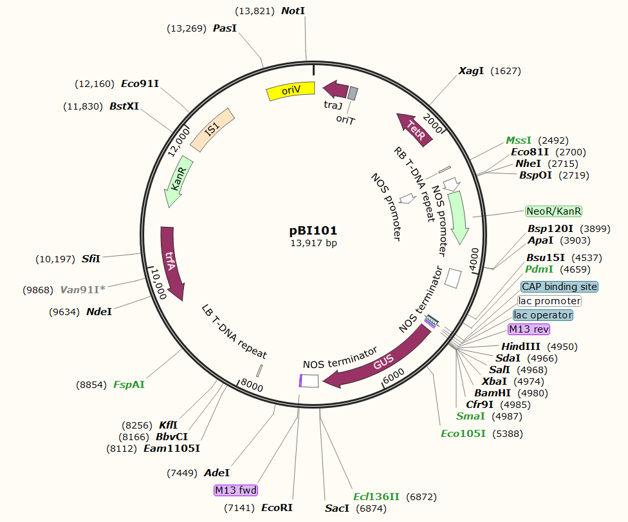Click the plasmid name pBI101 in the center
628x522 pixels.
pyautogui.click(x=313, y=230)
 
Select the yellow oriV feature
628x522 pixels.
pyautogui.click(x=290, y=91)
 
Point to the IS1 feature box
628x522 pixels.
pyautogui.click(x=212, y=131)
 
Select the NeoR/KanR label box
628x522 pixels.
pyautogui.click(x=554, y=211)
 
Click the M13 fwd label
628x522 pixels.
pyautogui.click(x=236, y=490)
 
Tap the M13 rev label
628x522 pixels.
pyautogui.click(x=530, y=329)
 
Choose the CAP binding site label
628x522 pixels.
pyautogui.click(x=559, y=286)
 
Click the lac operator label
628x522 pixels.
pyautogui.click(x=543, y=315)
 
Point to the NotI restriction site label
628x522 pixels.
pyautogui.click(x=293, y=11)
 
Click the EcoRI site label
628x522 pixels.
pyautogui.click(x=277, y=508)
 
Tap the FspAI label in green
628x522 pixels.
pyautogui.click(x=129, y=385)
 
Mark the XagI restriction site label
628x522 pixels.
pyautogui.click(x=471, y=71)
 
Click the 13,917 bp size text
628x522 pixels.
pyautogui.click(x=313, y=243)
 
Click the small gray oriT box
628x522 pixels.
pyautogui.click(x=353, y=93)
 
